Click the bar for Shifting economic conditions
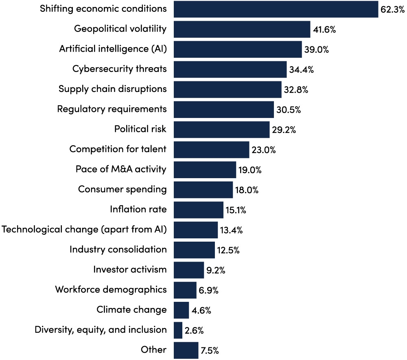276,9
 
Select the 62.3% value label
393,10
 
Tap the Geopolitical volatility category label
120,29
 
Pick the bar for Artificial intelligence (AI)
238,49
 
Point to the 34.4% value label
301,70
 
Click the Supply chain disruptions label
112,89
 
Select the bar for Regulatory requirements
224,109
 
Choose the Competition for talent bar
211,150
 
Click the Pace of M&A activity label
121,169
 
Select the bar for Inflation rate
199,210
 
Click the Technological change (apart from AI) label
84,229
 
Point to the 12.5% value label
228,250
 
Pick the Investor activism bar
189,270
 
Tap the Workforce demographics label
111,290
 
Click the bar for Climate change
181,310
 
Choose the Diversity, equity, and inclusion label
101,329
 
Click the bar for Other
186,350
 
